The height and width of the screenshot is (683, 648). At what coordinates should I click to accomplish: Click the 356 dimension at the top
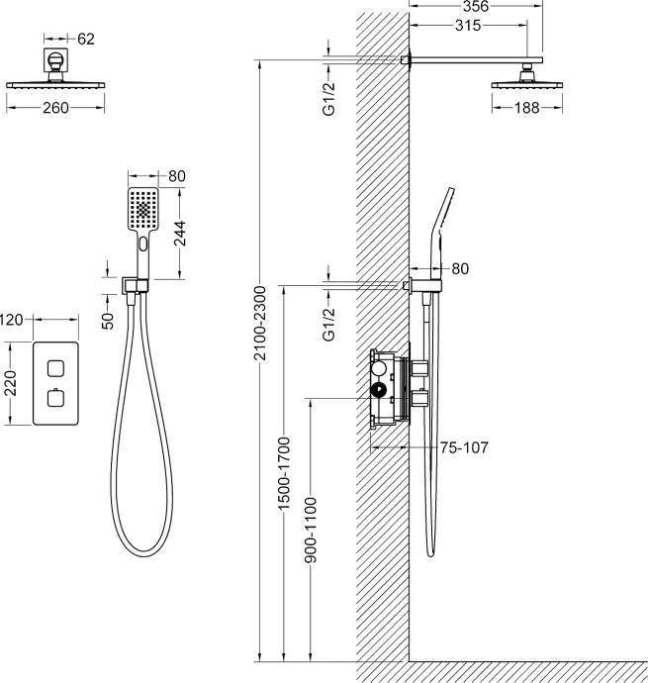click(476, 6)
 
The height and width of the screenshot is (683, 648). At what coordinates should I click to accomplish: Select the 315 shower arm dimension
click(468, 26)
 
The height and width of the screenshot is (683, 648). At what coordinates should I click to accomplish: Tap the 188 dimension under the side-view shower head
click(527, 108)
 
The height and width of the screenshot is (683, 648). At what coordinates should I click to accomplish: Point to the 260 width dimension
click(55, 108)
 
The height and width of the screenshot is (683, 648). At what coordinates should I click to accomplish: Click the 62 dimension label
click(86, 40)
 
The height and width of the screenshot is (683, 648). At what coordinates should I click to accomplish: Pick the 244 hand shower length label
click(180, 234)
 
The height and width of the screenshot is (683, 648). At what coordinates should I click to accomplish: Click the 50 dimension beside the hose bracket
click(108, 321)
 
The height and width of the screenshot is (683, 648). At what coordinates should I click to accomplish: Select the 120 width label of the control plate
click(11, 320)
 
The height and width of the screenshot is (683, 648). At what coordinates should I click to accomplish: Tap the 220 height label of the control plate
click(10, 383)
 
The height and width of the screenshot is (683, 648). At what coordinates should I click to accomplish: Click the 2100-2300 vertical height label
click(260, 324)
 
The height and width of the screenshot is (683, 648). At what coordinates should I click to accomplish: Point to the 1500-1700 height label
click(284, 474)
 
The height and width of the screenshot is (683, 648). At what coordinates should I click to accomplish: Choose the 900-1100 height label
click(311, 531)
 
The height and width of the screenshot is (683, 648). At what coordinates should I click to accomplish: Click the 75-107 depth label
click(464, 447)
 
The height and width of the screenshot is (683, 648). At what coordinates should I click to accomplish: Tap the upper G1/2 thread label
click(329, 99)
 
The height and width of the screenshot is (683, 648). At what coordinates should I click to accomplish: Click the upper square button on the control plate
click(55, 368)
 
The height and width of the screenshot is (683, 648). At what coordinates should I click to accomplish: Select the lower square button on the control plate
click(55, 398)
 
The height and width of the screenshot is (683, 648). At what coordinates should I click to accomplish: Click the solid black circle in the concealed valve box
click(378, 390)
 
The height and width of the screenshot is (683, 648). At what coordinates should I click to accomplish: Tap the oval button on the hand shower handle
click(143, 244)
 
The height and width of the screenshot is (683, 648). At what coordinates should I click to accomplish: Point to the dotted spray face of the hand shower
click(143, 210)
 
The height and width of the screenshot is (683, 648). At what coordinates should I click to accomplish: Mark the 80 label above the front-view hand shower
click(177, 176)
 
